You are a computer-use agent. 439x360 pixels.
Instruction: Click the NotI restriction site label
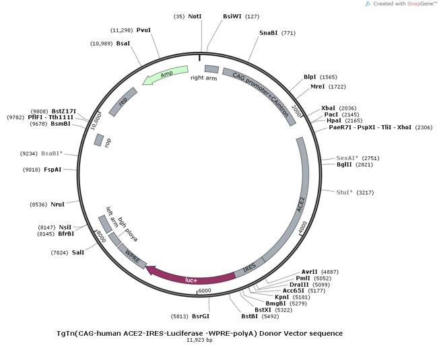(x=195, y=16)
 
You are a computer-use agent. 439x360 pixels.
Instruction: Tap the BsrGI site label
(x=201, y=315)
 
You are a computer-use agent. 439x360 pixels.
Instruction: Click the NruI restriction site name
(x=59, y=204)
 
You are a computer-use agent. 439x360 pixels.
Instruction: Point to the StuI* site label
(x=345, y=192)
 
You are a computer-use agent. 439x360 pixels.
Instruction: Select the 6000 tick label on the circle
(x=204, y=291)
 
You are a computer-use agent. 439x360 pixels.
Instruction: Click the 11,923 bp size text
(x=199, y=340)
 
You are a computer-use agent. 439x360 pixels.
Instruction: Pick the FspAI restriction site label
(x=53, y=170)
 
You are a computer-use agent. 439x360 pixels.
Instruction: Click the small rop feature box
(x=98, y=140)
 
